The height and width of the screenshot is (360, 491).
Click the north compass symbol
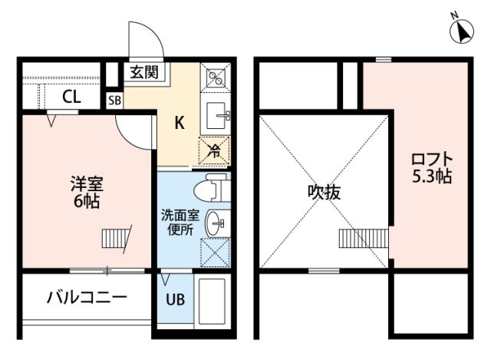click(x=461, y=30)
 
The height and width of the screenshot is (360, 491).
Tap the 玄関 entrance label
click(x=144, y=73)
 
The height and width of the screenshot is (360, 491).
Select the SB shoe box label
click(x=114, y=101)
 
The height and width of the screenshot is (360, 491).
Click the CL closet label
click(x=71, y=97)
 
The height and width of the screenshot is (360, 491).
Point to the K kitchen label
click(x=179, y=123)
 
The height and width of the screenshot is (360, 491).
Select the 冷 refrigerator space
click(x=214, y=150)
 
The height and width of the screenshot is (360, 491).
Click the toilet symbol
click(x=212, y=188)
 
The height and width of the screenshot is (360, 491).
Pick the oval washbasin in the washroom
click(x=215, y=223)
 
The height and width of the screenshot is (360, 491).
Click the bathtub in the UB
click(x=212, y=301)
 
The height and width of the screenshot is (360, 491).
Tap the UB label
click(x=176, y=300)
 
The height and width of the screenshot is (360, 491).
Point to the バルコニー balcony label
click(x=87, y=297)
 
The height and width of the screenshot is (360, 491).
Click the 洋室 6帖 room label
click(x=87, y=193)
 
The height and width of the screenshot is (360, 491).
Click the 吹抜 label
click(x=324, y=192)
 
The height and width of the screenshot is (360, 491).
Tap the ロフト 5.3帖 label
click(x=432, y=168)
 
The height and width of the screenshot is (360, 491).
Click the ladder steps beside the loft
click(x=364, y=239)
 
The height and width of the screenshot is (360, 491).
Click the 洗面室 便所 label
click(x=180, y=223)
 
